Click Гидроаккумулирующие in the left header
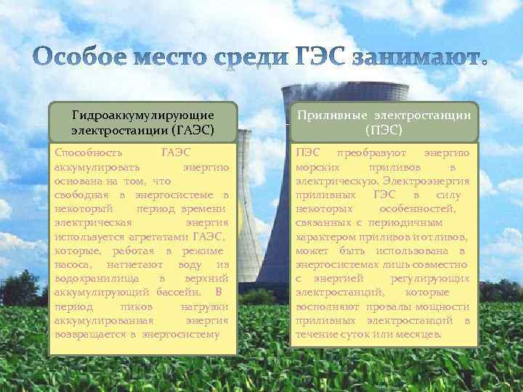coord(143,115)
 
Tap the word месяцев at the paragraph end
coord(418,334)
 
